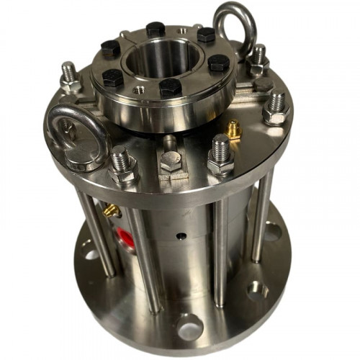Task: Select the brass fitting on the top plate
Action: pos(233,130)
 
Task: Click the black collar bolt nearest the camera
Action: pos(168,88)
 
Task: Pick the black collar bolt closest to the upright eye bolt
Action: pos(207,35)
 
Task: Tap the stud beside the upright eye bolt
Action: pos(258,57)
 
